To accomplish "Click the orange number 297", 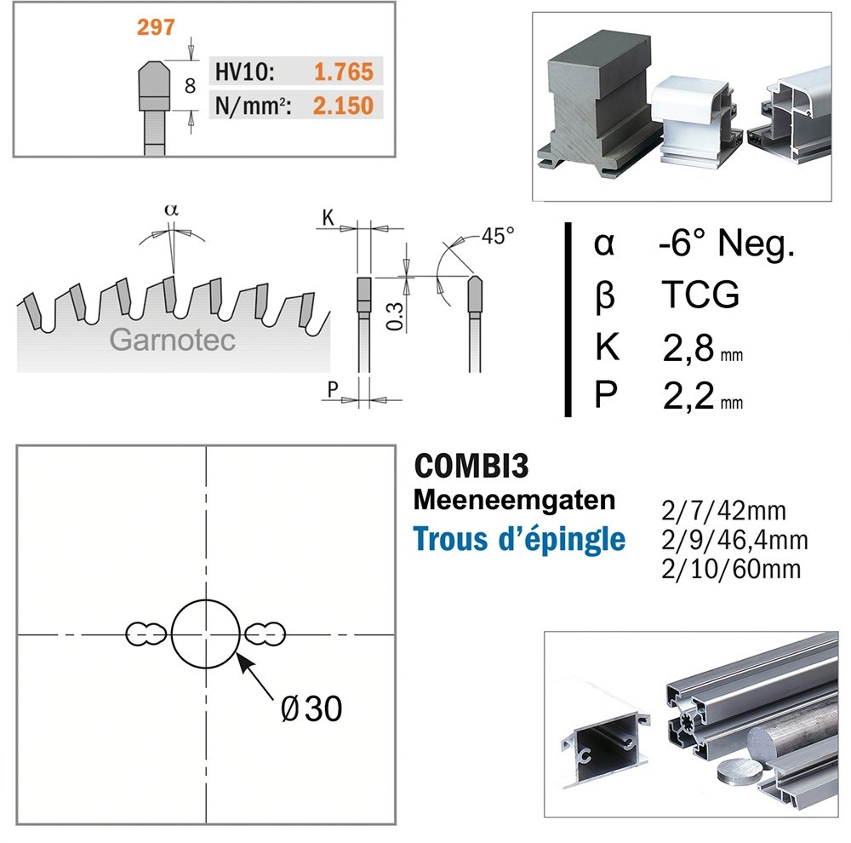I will point(156,27).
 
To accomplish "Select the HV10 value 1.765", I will point(343,72).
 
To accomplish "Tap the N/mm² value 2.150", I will point(343,106).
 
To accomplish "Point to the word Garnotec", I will point(172,340).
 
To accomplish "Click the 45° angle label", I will point(498,235).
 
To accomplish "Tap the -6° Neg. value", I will point(726,245).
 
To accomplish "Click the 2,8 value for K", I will point(688,349).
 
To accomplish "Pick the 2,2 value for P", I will point(688,397).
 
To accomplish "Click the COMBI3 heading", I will point(471,467).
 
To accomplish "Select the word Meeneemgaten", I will point(514,499).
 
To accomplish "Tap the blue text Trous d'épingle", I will point(519,539).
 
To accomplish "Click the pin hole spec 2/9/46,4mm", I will point(734,540).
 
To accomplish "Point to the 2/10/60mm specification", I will point(730,568).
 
